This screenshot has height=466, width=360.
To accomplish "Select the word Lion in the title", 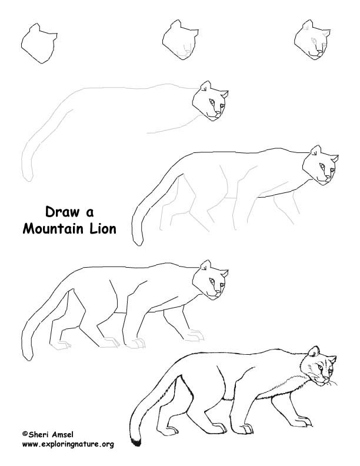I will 101,228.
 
